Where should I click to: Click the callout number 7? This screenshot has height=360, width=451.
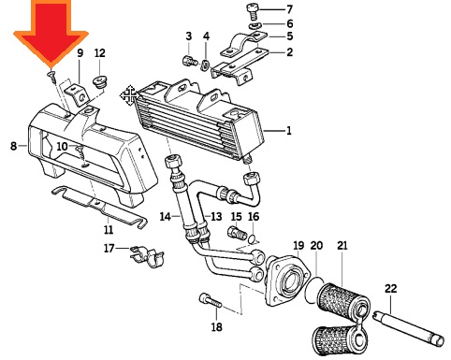click(289, 9)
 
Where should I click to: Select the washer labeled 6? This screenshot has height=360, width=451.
click(256, 25)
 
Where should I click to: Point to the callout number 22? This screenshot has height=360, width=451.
click(390, 289)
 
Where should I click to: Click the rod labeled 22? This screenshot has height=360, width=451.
click(409, 327)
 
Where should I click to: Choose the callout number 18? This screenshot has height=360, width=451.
click(217, 327)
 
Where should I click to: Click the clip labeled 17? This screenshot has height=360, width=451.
click(147, 256)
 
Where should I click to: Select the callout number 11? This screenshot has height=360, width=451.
click(109, 230)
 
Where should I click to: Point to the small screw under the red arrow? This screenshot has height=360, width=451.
click(52, 77)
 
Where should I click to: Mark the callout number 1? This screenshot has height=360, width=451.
click(289, 130)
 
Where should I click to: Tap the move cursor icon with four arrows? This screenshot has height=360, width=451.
click(129, 95)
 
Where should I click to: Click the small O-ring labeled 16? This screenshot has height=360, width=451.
click(253, 239)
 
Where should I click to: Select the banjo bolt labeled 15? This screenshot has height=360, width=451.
click(238, 233)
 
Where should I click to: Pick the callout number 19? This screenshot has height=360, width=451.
click(298, 246)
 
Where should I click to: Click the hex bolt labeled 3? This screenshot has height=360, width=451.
click(189, 61)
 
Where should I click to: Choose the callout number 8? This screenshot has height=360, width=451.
click(13, 146)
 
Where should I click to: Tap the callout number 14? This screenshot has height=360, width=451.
click(166, 216)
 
